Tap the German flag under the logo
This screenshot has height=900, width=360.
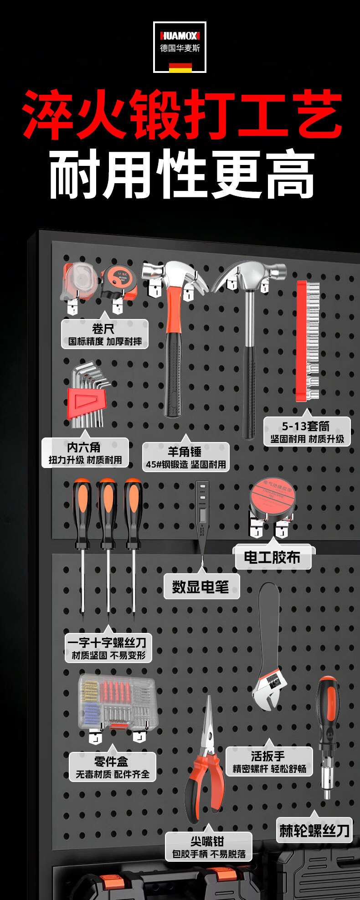tap(180, 68)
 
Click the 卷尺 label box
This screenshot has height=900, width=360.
tap(105, 334)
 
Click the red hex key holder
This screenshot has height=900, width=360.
tap(87, 403)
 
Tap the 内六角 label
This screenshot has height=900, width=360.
tap(85, 453)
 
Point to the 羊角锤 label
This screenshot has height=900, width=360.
tap(185, 457)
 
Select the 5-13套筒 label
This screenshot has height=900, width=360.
tap(307, 432)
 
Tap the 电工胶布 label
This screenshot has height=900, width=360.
tap(273, 557)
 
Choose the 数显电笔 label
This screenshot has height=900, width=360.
tap(201, 586)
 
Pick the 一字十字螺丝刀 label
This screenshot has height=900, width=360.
tap(108, 648)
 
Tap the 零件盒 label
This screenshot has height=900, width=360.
tap(112, 767)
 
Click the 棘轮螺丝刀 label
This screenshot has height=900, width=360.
tap(314, 830)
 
